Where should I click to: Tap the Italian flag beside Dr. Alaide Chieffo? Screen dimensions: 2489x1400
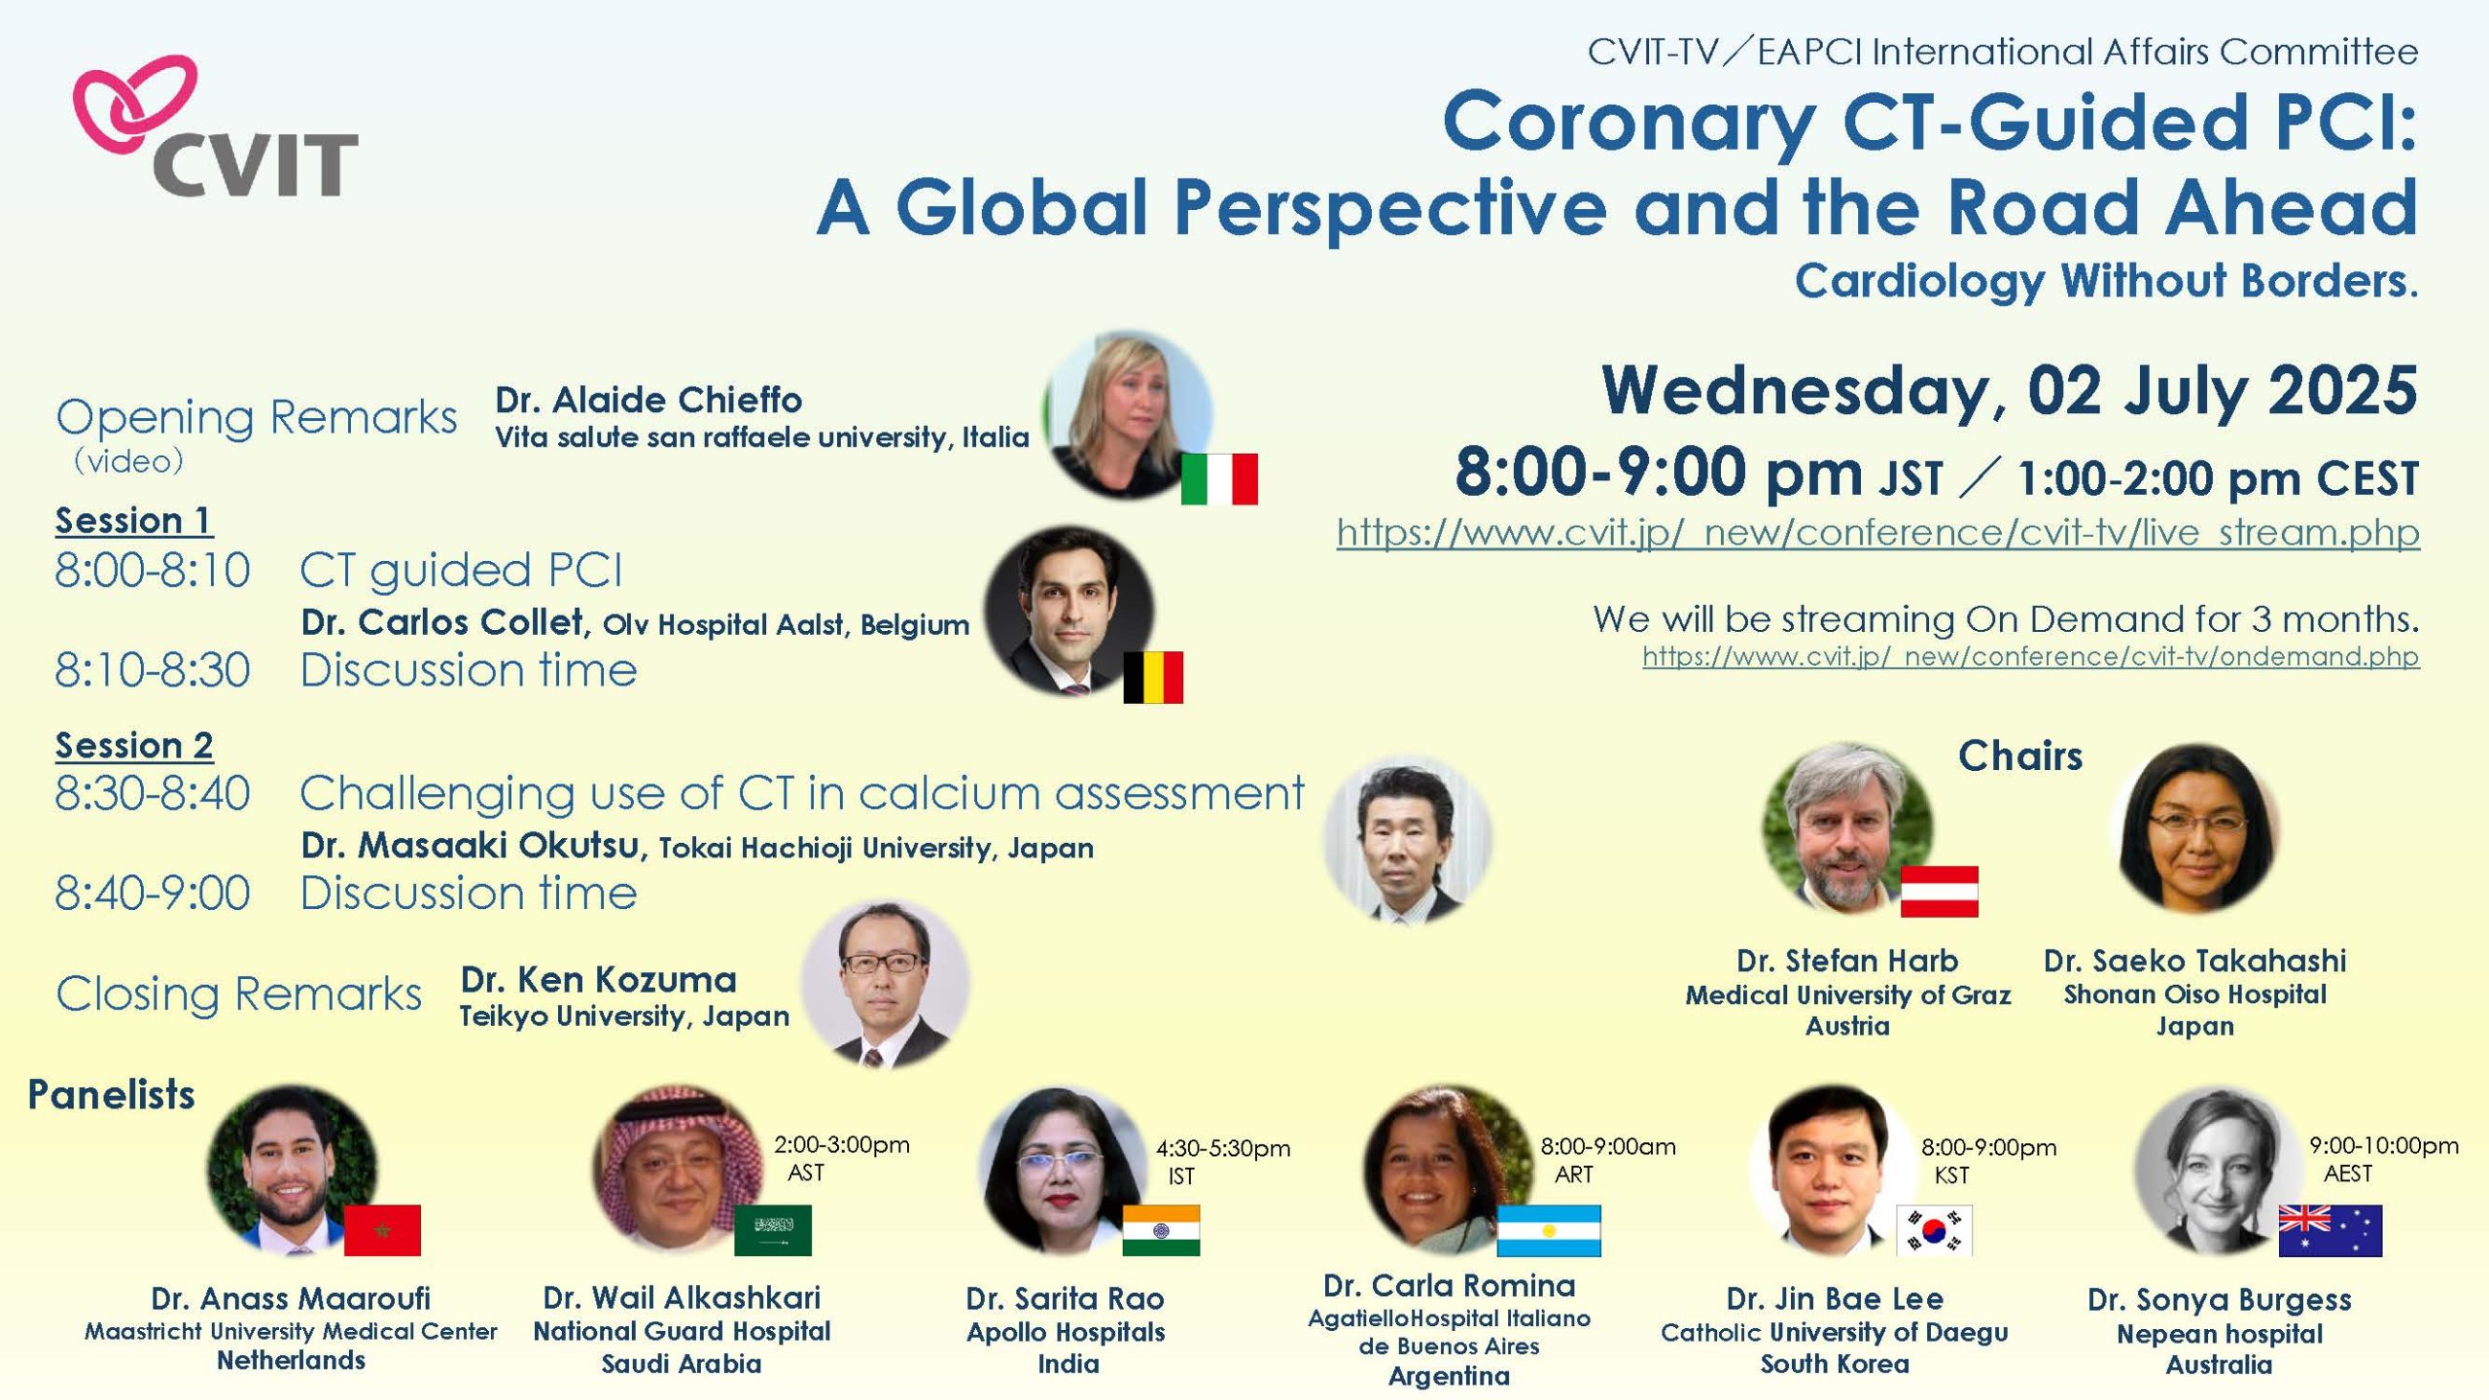pyautogui.click(x=1219, y=478)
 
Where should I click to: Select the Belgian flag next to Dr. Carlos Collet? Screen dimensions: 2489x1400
pyautogui.click(x=1153, y=677)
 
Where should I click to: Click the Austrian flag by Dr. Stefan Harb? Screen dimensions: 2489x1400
pyautogui.click(x=1939, y=892)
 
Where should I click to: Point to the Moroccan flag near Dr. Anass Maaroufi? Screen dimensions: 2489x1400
pyautogui.click(x=382, y=1230)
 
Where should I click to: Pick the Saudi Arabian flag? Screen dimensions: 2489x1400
pyautogui.click(x=772, y=1230)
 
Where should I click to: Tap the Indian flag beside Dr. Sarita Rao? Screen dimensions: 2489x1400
pyautogui.click(x=1161, y=1230)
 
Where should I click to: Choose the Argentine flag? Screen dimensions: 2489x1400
pyautogui.click(x=1549, y=1230)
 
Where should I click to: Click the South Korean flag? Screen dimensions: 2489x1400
pyautogui.click(x=1934, y=1230)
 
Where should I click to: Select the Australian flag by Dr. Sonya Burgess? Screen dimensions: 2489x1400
pyautogui.click(x=2331, y=1230)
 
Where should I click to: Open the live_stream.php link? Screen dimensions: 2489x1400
pyautogui.click(x=1877, y=533)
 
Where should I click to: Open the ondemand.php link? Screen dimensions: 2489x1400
pyautogui.click(x=2031, y=656)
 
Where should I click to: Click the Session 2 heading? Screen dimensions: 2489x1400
pyautogui.click(x=134, y=746)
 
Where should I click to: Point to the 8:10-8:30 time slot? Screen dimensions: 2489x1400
pyautogui.click(x=153, y=670)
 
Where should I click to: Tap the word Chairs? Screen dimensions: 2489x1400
pyautogui.click(x=2020, y=755)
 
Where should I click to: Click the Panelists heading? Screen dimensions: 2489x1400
pyautogui.click(x=111, y=1095)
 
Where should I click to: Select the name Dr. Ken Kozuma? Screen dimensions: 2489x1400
pyautogui.click(x=599, y=979)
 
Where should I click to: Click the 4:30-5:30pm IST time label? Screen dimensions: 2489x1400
pyautogui.click(x=1222, y=1162)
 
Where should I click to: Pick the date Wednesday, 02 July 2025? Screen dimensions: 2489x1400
pyautogui.click(x=2010, y=390)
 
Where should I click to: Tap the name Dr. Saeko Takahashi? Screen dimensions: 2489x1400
pyautogui.click(x=2195, y=961)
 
